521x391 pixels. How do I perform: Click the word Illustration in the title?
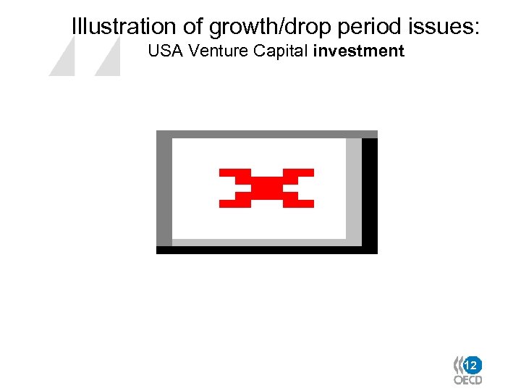[x=124, y=27]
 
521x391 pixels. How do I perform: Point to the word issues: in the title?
[x=444, y=27]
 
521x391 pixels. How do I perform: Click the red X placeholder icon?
[x=266, y=188]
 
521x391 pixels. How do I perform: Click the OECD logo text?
[x=467, y=379]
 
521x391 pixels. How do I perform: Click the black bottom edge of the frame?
[x=266, y=250]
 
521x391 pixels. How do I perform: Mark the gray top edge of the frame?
[x=266, y=134]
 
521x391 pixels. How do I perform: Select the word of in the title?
[x=192, y=27]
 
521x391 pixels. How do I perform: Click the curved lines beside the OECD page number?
[x=458, y=364]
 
